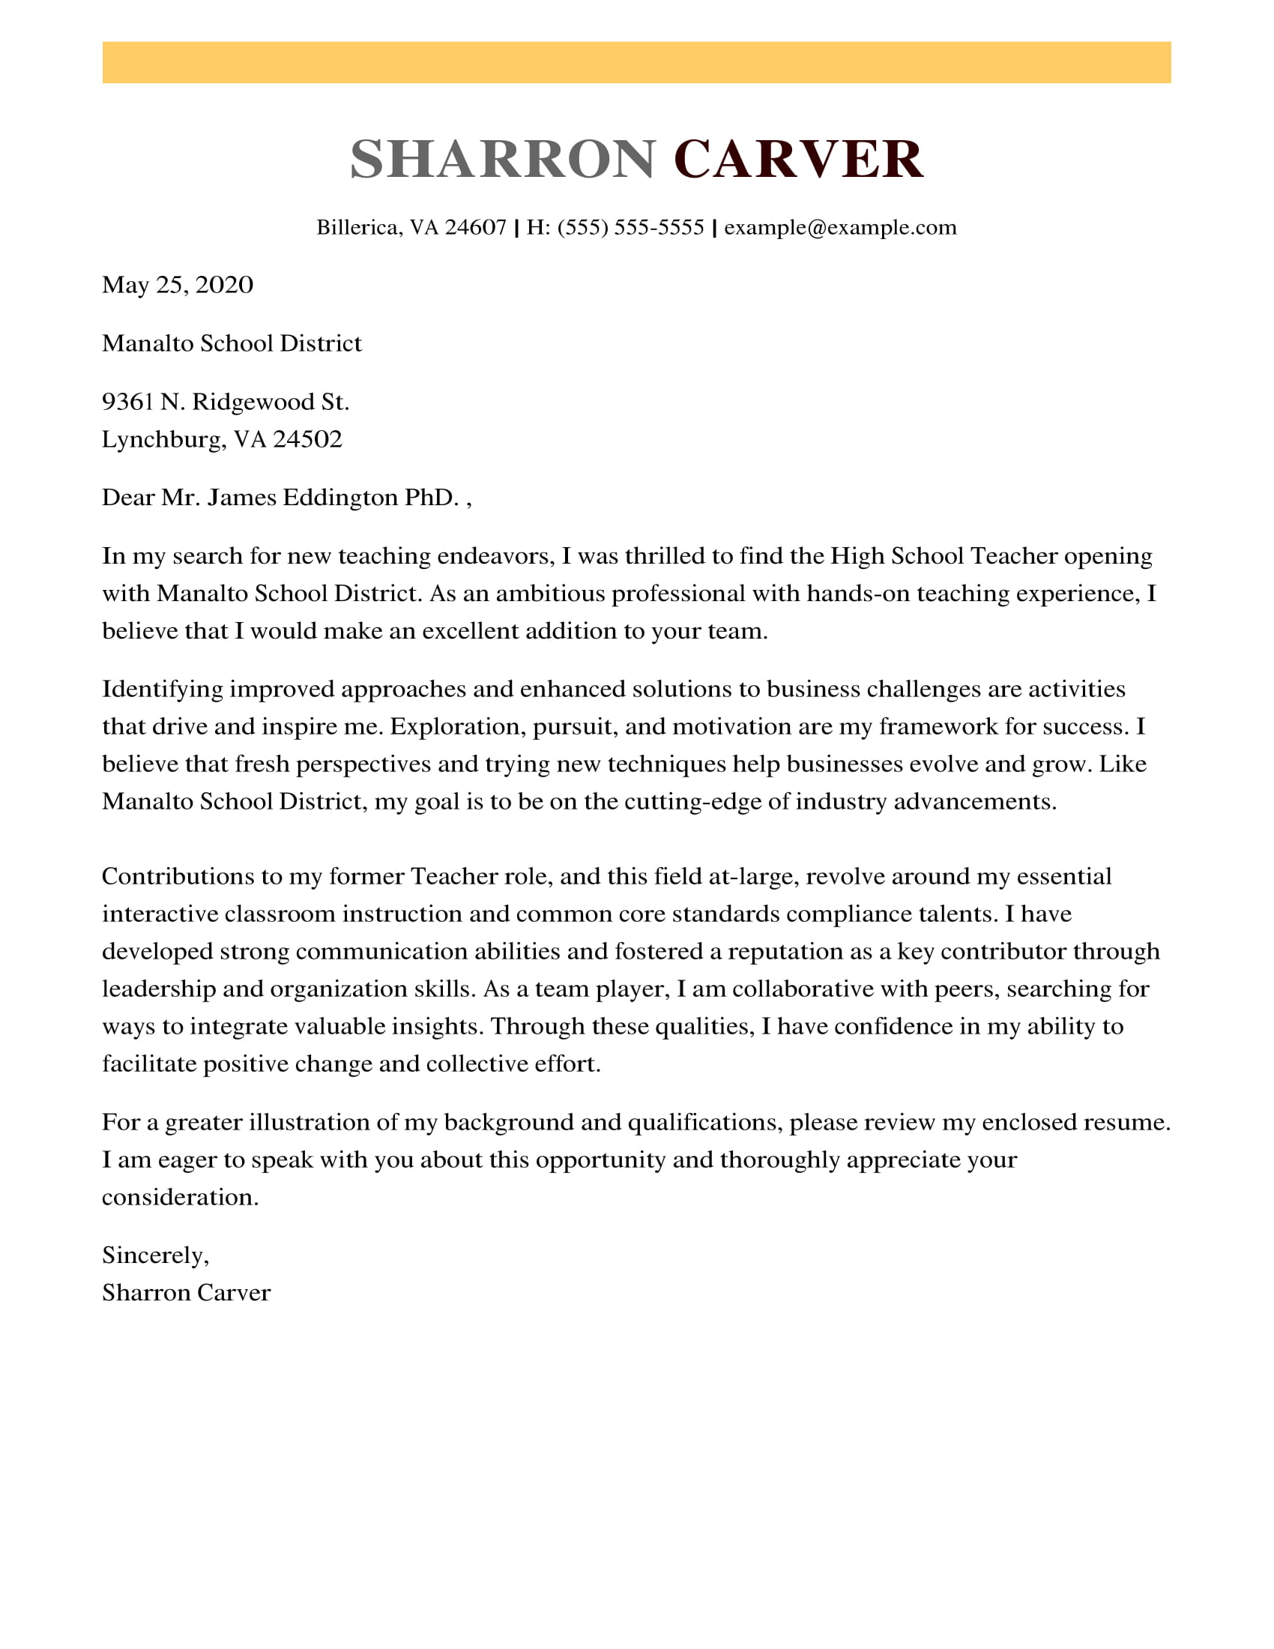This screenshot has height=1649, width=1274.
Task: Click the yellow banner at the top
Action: click(x=636, y=63)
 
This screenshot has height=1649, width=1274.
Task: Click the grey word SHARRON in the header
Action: click(x=503, y=160)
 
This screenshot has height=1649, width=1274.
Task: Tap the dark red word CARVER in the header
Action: click(x=798, y=160)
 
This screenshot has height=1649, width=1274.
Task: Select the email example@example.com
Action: click(x=840, y=227)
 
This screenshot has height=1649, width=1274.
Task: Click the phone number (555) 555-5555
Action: click(x=630, y=227)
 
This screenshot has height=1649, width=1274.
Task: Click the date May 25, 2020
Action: click(x=178, y=285)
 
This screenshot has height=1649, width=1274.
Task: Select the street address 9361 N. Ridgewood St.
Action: click(x=226, y=402)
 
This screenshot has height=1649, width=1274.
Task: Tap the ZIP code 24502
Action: click(x=307, y=438)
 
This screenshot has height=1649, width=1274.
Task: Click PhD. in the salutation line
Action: click(x=432, y=498)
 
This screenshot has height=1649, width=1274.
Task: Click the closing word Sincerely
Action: click(x=153, y=1255)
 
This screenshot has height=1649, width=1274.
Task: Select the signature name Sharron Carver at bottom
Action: click(x=186, y=1293)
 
